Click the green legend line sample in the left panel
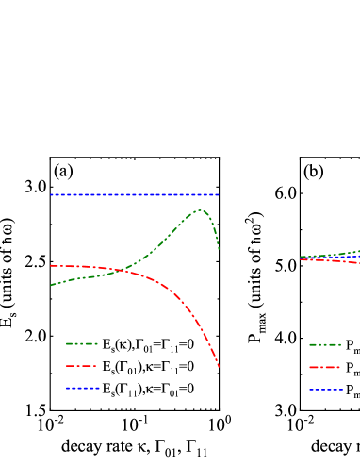pos(81,343)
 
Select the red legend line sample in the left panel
pos(81,366)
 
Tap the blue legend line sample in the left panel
pos(81,388)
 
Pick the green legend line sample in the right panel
pos(325,344)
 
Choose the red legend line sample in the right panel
pos(325,367)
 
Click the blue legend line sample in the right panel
pos(325,389)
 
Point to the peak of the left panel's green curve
pos(200,210)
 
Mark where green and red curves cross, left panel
pos(121,271)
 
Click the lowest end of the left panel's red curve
pos(219,366)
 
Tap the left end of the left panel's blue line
pos(51,194)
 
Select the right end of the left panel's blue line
pos(219,194)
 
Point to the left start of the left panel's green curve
pos(51,285)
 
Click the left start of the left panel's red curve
pos(51,266)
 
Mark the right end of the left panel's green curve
pos(219,249)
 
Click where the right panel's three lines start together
pos(301,258)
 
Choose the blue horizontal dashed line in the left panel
pos(132,194)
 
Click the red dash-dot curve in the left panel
pos(179,297)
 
